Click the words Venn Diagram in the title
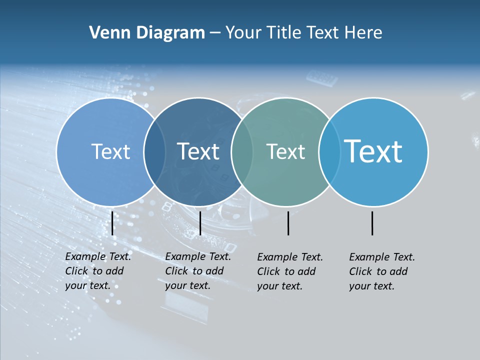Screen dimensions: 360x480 [147, 33]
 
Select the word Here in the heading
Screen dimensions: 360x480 [363, 33]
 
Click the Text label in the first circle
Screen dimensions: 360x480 [110, 151]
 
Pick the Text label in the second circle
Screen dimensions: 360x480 [198, 151]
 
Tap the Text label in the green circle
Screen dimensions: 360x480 [285, 151]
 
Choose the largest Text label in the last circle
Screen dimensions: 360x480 [373, 151]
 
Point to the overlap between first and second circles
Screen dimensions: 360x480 [154, 151]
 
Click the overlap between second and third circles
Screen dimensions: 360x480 [241, 151]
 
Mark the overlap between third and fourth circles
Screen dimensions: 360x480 [328, 151]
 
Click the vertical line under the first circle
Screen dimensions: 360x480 [112, 223]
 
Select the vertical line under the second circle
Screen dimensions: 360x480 [200, 223]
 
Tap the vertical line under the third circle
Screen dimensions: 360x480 [288, 223]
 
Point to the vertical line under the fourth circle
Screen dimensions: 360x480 [372, 223]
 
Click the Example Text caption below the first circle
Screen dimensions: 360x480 [98, 271]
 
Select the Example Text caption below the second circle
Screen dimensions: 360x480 [198, 271]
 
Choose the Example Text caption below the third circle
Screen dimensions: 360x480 [290, 271]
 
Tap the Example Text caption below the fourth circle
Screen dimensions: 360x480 [382, 271]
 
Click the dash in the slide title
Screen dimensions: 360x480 [215, 33]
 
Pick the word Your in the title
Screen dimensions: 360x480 [243, 33]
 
